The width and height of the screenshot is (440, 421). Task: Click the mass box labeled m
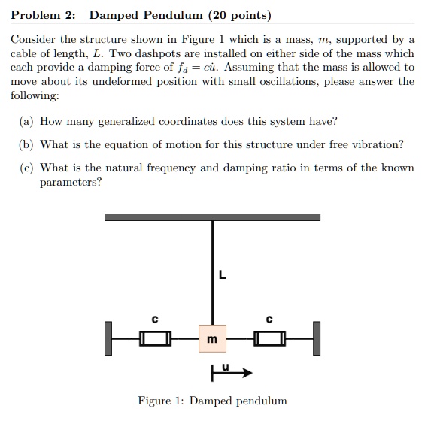click(x=212, y=339)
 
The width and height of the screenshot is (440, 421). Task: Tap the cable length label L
click(x=221, y=274)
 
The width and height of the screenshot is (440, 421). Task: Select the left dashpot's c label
click(x=154, y=319)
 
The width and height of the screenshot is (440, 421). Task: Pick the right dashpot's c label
click(x=270, y=319)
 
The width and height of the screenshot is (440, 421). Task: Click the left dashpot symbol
click(x=154, y=340)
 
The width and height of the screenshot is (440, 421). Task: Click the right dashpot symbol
click(x=269, y=340)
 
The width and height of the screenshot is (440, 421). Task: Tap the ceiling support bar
click(x=212, y=217)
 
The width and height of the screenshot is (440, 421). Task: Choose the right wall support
click(x=317, y=338)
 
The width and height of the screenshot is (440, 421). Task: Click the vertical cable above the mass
click(x=212, y=271)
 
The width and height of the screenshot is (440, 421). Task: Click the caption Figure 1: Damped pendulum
click(x=212, y=401)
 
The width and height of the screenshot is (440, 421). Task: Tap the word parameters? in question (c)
click(x=70, y=182)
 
